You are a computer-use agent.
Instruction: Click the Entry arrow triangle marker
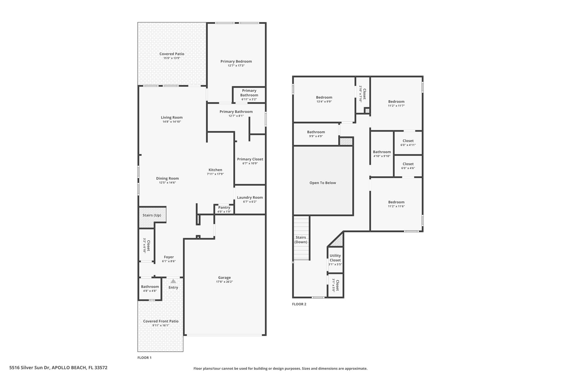[x=173, y=281]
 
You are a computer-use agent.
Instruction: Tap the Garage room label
[x=224, y=278]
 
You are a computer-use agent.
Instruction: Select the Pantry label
[x=224, y=207]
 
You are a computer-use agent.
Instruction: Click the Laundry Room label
[x=250, y=197]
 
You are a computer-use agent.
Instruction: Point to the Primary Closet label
[x=250, y=159]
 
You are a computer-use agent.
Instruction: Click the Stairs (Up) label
[x=152, y=215]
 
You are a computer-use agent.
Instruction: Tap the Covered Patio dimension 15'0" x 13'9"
[x=172, y=58]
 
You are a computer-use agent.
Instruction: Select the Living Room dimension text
[x=172, y=122]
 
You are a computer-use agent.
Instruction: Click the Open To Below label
[x=323, y=183]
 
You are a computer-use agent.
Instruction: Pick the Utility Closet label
[x=335, y=258]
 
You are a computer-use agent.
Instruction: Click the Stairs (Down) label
[x=301, y=240]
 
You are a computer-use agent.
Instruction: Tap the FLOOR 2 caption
[x=299, y=304]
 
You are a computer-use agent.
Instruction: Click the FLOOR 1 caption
[x=144, y=358]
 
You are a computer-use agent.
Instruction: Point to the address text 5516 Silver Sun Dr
[x=30, y=368]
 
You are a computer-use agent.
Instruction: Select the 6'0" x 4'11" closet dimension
[x=408, y=145]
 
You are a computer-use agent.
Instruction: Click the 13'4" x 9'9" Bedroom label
[x=324, y=97]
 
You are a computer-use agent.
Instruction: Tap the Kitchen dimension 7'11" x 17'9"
[x=215, y=174]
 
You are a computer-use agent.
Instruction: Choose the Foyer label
[x=169, y=257]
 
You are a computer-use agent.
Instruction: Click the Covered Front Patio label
[x=161, y=321]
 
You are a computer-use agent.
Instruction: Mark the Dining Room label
[x=167, y=178]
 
